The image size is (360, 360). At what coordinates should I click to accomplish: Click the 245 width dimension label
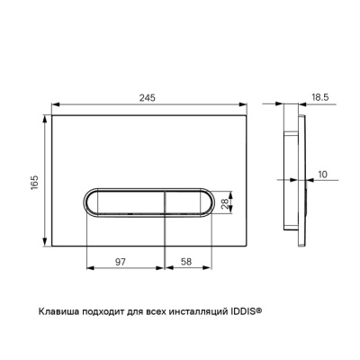pyautogui.click(x=148, y=97)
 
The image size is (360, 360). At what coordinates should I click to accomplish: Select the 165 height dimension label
pyautogui.click(x=34, y=183)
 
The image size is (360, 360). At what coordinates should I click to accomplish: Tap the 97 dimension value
pyautogui.click(x=121, y=262)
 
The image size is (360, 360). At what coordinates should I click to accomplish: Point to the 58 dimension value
pyautogui.click(x=186, y=262)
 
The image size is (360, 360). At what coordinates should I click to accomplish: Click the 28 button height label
pyautogui.click(x=225, y=202)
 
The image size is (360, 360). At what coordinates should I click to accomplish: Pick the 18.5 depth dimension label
pyautogui.click(x=320, y=97)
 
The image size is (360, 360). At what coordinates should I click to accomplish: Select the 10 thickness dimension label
pyautogui.click(x=322, y=175)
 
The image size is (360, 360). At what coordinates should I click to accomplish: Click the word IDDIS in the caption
pyautogui.click(x=242, y=311)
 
